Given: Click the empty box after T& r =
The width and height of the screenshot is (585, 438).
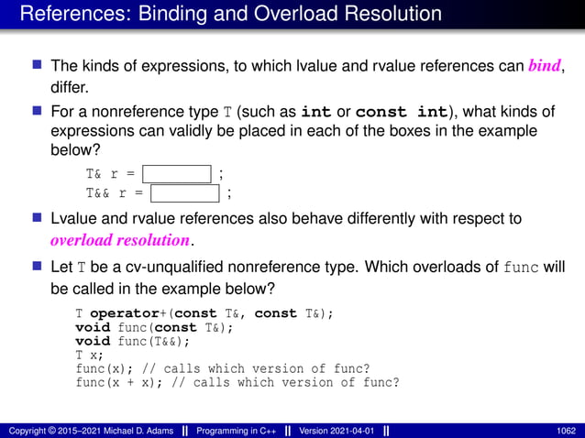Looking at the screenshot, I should pyautogui.click(x=177, y=172).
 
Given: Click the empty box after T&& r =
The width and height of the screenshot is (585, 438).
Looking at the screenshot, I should pyautogui.click(x=185, y=192).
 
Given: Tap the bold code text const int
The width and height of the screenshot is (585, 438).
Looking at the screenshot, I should pyautogui.click(x=401, y=113).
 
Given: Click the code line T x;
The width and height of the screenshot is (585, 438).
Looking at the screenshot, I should pyautogui.click(x=92, y=355).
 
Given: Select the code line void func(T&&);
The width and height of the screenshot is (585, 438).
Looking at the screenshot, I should pyautogui.click(x=133, y=341).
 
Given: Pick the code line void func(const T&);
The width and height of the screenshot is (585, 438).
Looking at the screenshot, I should pyautogui.click(x=153, y=327).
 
